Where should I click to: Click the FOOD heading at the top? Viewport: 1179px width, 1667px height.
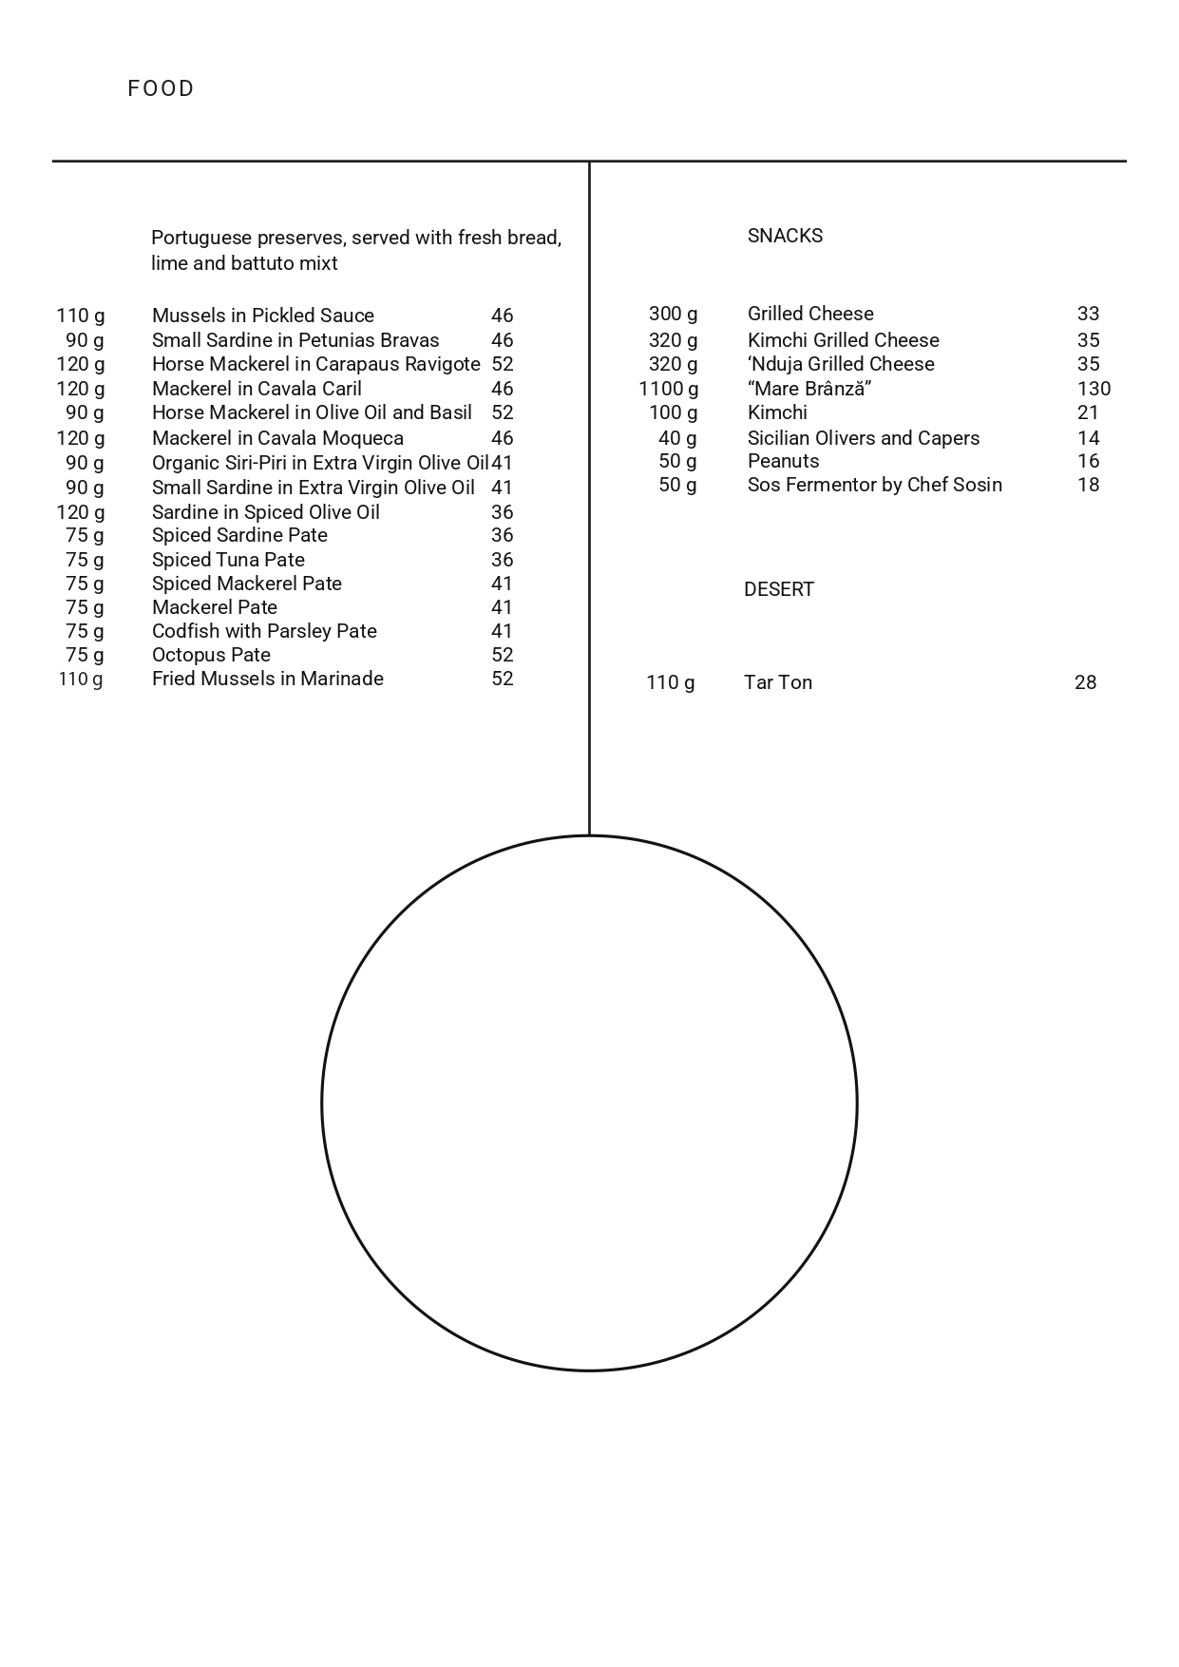coord(161,88)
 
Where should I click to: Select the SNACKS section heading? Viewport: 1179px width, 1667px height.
coord(785,236)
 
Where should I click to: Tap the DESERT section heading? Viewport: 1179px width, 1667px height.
coord(778,589)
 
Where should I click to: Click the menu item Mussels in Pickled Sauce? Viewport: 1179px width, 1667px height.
coord(262,316)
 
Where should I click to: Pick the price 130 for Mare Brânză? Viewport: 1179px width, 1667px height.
coord(1093,389)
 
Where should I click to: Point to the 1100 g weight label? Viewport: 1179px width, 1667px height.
coord(668,389)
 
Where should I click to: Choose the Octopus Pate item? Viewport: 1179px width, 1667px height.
coord(211,655)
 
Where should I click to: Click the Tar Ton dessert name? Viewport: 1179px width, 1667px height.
coord(777,682)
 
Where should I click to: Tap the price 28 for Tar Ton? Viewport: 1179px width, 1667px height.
coord(1085,682)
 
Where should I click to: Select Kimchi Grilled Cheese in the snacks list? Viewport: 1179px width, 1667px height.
coord(843,340)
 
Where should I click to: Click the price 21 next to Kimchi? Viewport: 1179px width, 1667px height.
coord(1088,412)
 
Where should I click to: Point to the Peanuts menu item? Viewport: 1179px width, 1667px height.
coord(783,461)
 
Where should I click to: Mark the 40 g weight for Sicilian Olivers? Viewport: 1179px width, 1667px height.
coord(677,438)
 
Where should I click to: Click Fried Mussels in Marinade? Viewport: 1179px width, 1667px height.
coord(267,679)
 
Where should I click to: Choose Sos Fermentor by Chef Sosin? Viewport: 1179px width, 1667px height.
coord(874,485)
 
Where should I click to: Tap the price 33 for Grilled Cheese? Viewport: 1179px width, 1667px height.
coord(1088,314)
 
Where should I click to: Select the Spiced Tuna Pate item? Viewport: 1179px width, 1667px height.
coord(228,560)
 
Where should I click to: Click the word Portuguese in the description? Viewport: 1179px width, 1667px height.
coord(200,238)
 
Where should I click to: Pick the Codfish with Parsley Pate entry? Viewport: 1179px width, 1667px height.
coord(264,631)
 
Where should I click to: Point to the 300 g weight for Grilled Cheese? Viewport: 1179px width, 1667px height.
coord(673,314)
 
